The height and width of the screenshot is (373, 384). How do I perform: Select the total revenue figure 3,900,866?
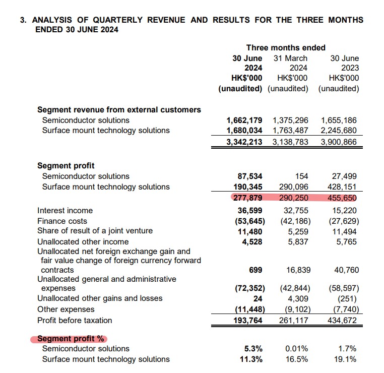point(339,142)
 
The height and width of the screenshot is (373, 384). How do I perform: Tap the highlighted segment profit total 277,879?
point(247,197)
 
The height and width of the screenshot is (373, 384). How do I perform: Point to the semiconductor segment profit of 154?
point(301,176)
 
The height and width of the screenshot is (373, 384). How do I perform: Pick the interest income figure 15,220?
point(345,210)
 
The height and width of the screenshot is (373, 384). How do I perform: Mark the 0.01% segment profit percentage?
point(296,349)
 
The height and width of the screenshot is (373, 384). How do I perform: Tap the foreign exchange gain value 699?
point(256,270)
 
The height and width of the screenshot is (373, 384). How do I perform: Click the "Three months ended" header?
point(286,47)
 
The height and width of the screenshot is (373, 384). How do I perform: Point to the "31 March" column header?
point(290,58)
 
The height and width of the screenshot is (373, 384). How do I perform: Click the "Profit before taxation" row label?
point(75,320)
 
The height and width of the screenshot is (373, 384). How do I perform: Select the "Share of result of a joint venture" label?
point(95,231)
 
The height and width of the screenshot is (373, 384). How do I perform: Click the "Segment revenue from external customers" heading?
point(119,109)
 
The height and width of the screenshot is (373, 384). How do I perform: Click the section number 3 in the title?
point(22,20)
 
